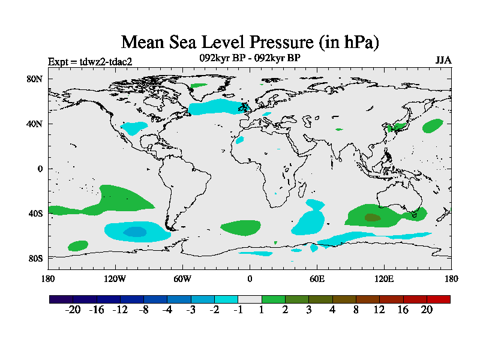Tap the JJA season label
443,61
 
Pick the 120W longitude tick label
115,278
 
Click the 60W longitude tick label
182,278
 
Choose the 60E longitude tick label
317,278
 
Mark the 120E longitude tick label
384,278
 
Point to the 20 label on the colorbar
427,310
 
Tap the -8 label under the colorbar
143,310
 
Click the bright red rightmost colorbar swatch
438,299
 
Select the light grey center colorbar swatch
250,299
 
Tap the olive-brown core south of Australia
372,217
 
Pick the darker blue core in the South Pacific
135,232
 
